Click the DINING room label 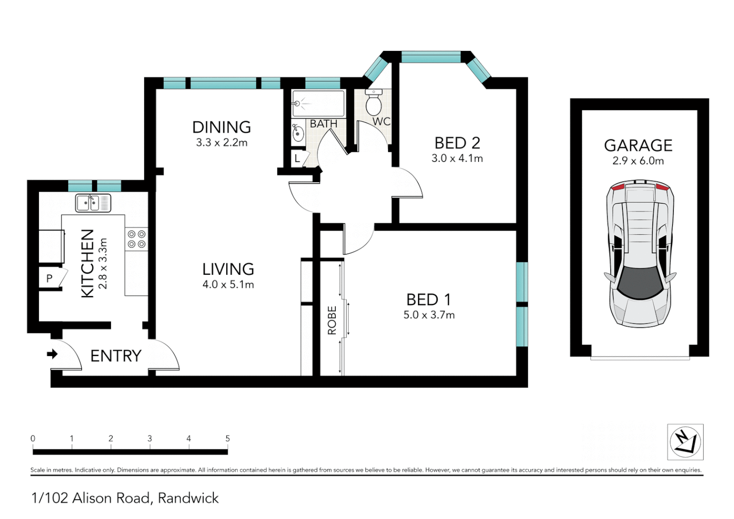(x=221, y=127)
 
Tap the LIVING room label (x=228, y=269)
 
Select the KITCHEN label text (x=87, y=263)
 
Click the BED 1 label (x=428, y=300)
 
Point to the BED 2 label (x=457, y=143)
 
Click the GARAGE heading (x=638, y=146)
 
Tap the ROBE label (x=332, y=320)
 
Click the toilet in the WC (x=373, y=102)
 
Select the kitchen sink (x=93, y=203)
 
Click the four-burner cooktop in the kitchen (x=136, y=239)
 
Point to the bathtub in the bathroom (x=318, y=103)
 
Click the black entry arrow (x=52, y=354)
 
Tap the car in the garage (x=639, y=254)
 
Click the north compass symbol (x=685, y=442)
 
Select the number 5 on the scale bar (x=228, y=438)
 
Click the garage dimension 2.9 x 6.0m (x=638, y=161)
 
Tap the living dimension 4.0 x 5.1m (x=228, y=284)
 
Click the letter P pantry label (x=49, y=278)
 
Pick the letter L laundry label (x=297, y=158)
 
